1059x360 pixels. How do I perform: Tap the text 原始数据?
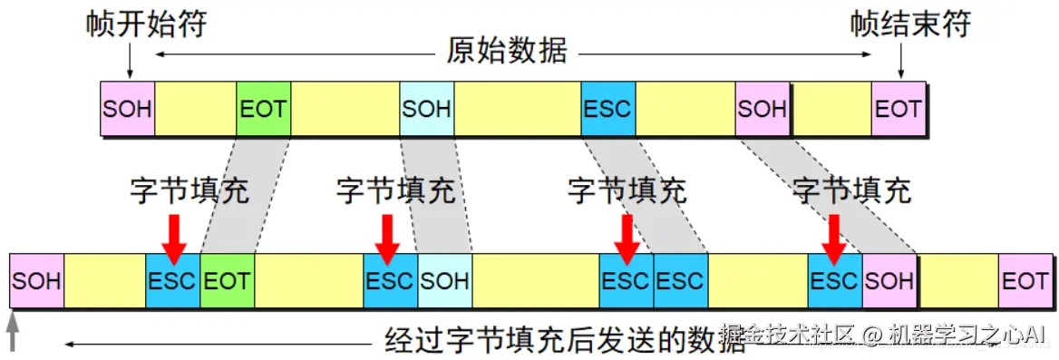507,52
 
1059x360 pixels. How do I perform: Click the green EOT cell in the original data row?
263,110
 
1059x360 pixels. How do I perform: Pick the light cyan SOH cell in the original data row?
426,110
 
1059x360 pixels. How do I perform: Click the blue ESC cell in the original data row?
607,110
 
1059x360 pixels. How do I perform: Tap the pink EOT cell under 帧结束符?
899,110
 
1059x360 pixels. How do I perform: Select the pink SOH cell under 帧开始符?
127,110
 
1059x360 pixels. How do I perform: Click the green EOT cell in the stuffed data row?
227,281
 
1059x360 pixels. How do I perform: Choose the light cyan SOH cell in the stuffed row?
444,281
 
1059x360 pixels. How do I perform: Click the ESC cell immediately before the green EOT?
172,281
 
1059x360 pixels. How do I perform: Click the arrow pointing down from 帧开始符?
130,61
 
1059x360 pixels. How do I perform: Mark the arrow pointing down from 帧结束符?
900,61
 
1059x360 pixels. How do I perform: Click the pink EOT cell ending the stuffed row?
1025,281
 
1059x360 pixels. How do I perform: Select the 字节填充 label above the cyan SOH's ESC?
395,191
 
